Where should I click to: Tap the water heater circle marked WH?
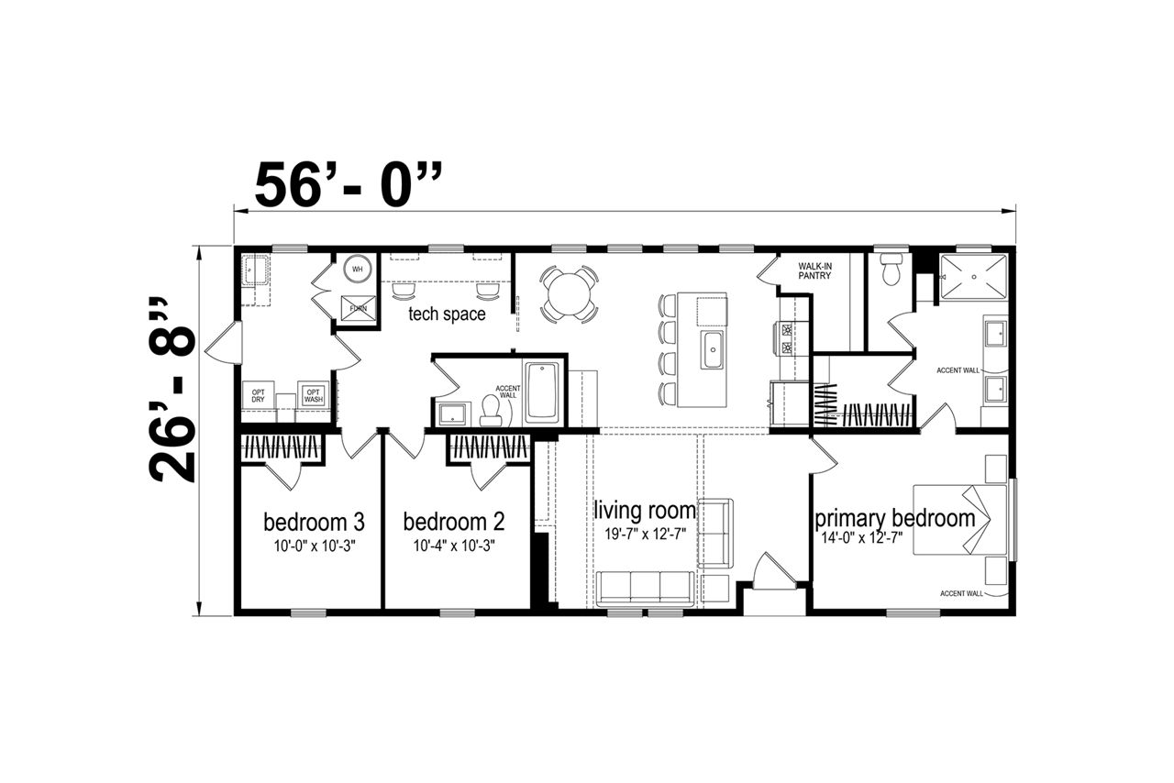click(x=358, y=269)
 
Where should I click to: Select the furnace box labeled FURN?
click(x=359, y=308)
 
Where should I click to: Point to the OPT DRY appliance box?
click(x=258, y=395)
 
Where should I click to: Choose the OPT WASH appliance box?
click(x=314, y=395)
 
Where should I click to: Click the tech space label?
click(x=447, y=314)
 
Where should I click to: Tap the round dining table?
click(x=570, y=293)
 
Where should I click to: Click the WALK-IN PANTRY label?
click(x=815, y=270)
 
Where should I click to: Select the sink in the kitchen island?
click(x=714, y=349)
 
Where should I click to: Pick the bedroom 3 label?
click(x=314, y=522)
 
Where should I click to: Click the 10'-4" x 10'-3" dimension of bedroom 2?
click(x=454, y=546)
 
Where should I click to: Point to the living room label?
click(x=645, y=510)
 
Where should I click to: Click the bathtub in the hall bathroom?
click(x=543, y=391)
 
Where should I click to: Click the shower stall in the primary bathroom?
click(x=973, y=277)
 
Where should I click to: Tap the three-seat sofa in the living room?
click(x=646, y=589)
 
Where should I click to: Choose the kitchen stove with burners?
click(x=787, y=338)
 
